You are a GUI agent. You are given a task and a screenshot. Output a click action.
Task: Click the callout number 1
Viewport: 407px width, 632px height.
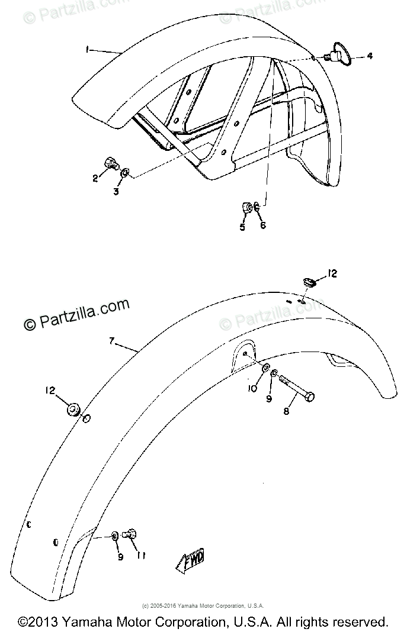pyautogui.click(x=87, y=51)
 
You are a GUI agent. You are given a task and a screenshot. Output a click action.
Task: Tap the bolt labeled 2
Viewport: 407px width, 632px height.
pyautogui.click(x=110, y=162)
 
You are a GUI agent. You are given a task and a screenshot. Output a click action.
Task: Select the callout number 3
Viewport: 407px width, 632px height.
pyautogui.click(x=116, y=192)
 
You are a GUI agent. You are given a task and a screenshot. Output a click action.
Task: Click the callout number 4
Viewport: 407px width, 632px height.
pyautogui.click(x=369, y=56)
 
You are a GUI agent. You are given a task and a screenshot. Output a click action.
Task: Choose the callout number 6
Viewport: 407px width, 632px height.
pyautogui.click(x=262, y=225)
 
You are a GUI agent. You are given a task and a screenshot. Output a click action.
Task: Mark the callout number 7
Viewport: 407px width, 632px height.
pyautogui.click(x=111, y=341)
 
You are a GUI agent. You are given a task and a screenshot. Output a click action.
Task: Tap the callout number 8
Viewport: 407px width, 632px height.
pyautogui.click(x=286, y=410)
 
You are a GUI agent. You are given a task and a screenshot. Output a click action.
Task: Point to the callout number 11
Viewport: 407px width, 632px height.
pyautogui.click(x=142, y=556)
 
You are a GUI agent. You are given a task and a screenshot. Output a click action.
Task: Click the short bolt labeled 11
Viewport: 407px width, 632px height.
pyautogui.click(x=130, y=535)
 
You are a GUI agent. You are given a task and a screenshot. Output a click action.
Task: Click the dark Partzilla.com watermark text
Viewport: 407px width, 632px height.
pyautogui.click(x=76, y=314)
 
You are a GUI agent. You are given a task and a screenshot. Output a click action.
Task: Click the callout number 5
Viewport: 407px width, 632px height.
pyautogui.click(x=242, y=226)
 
